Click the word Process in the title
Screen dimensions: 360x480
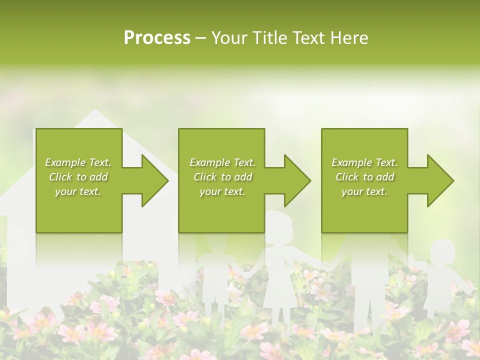(x=157, y=38)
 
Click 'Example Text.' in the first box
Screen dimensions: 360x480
(x=78, y=162)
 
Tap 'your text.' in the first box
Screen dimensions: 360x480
(x=78, y=191)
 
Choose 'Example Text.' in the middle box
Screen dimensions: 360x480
(x=222, y=162)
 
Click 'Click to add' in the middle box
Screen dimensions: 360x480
(x=222, y=177)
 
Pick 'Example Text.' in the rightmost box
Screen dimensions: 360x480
(x=364, y=162)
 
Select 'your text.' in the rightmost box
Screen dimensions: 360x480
(x=364, y=191)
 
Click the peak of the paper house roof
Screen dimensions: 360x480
(x=94, y=111)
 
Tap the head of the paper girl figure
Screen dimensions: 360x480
(x=278, y=223)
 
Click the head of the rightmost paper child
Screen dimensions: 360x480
(x=442, y=252)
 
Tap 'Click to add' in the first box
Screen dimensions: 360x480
(x=78, y=177)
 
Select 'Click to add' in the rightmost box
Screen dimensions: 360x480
(x=364, y=177)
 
